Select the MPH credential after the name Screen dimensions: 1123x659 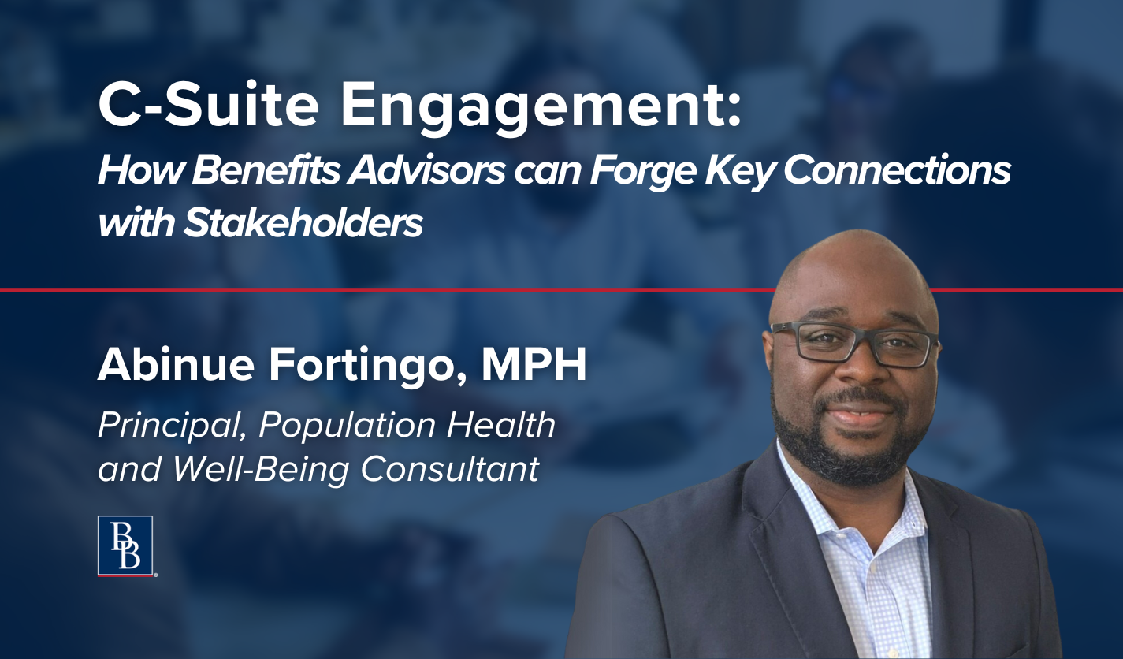(x=534, y=365)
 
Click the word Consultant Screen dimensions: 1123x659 (x=450, y=468)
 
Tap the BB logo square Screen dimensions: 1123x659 (x=125, y=545)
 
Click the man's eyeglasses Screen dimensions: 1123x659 (x=855, y=345)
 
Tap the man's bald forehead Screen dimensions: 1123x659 (x=852, y=281)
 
